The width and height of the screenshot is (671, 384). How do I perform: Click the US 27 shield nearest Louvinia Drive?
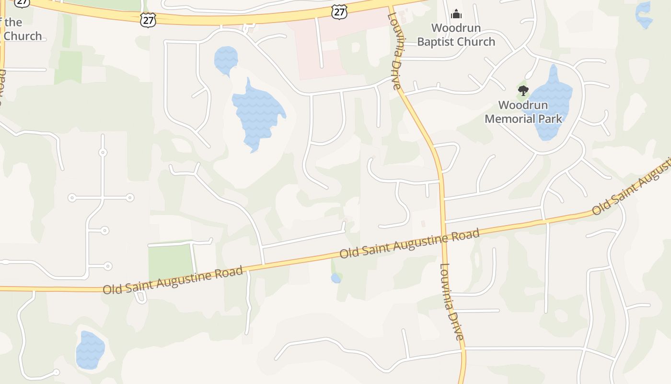tap(339, 12)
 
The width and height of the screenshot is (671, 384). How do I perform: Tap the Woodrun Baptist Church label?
tap(456, 35)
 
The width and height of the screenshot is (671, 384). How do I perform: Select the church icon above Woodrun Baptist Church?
tap(456, 14)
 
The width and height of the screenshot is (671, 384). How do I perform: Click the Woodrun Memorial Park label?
tap(523, 112)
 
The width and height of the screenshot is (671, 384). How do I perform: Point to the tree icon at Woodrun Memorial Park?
tap(523, 90)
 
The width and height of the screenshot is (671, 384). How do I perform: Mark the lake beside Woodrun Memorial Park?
tap(551, 103)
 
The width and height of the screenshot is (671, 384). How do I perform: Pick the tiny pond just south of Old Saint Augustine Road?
tap(336, 278)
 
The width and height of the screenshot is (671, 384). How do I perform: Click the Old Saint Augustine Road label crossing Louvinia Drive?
tap(409, 244)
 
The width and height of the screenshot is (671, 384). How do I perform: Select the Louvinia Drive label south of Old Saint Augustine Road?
tap(452, 302)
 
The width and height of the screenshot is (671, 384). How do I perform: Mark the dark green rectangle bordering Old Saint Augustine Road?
tap(171, 262)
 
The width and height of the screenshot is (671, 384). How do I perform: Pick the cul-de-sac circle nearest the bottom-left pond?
tap(56, 372)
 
